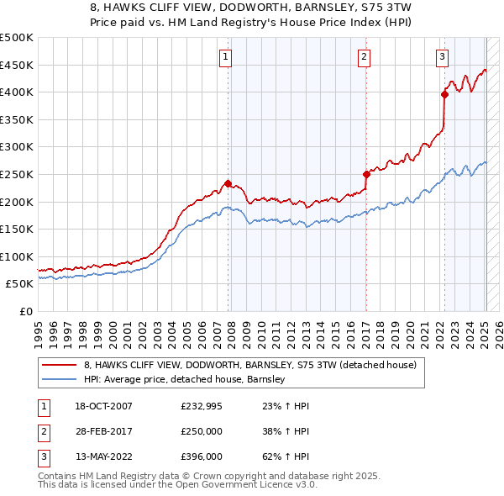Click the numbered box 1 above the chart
point(227,57)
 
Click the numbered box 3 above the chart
point(442,57)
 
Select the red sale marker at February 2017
point(366,175)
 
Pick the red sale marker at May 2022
point(444,94)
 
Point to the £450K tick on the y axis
point(17,65)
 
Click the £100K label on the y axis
point(17,256)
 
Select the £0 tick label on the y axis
point(25,311)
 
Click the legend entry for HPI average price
point(185,379)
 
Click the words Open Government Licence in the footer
point(252,485)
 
